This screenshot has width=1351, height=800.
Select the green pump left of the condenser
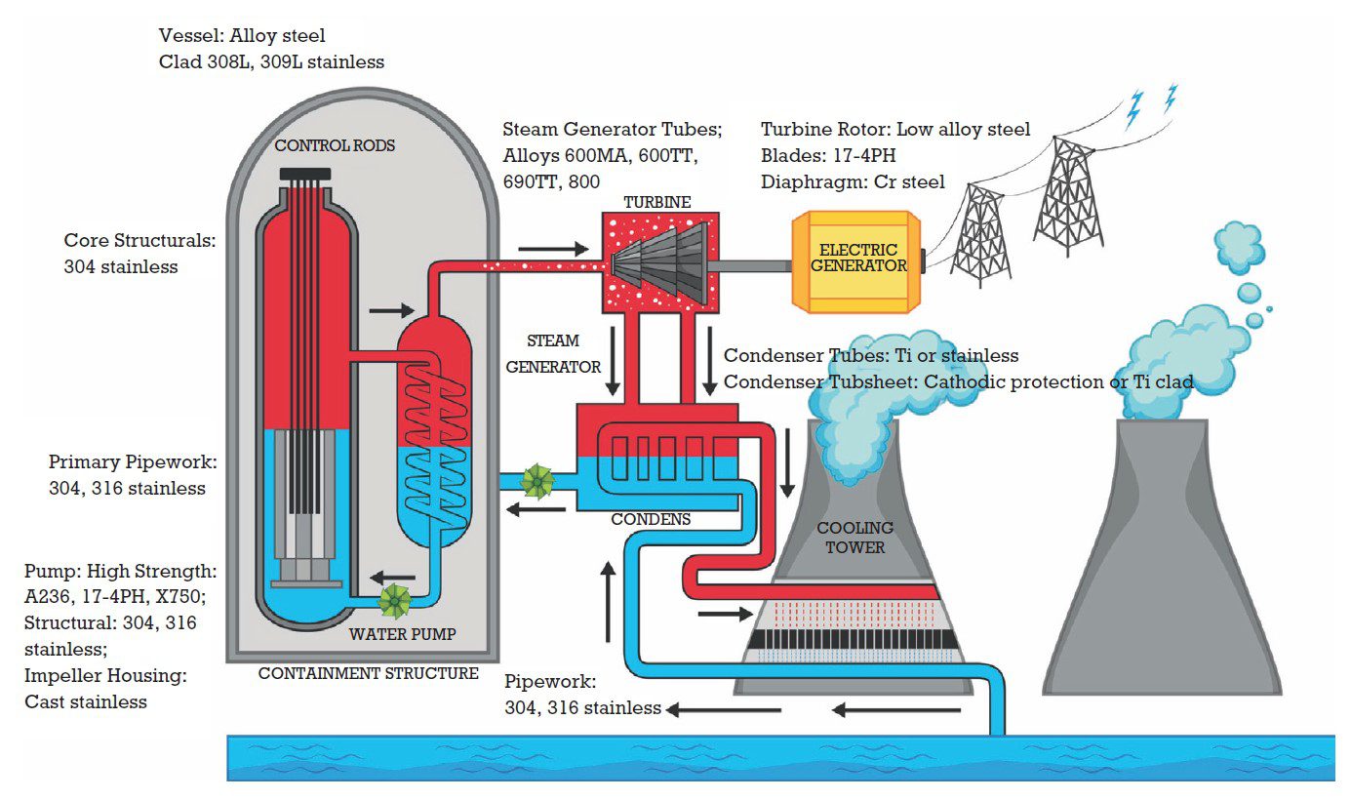pyautogui.click(x=537, y=480)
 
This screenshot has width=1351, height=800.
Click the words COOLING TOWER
pyautogui.click(x=854, y=538)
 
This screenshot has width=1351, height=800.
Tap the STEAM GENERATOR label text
pyautogui.click(x=566, y=354)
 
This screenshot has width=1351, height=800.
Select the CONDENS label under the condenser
pyautogui.click(x=651, y=519)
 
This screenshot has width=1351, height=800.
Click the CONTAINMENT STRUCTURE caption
pyautogui.click(x=368, y=673)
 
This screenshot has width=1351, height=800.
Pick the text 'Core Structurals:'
pyautogui.click(x=139, y=240)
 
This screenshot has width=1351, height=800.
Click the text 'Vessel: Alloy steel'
pyautogui.click(x=242, y=36)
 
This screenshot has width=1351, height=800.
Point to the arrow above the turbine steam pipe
pyautogui.click(x=553, y=249)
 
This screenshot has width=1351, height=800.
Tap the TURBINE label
pyautogui.click(x=657, y=202)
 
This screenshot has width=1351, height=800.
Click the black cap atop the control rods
pyautogui.click(x=303, y=175)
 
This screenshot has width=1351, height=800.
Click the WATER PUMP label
pyautogui.click(x=402, y=634)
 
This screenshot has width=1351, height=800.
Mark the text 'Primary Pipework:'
pyautogui.click(x=133, y=461)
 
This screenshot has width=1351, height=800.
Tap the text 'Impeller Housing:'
pyautogui.click(x=105, y=675)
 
